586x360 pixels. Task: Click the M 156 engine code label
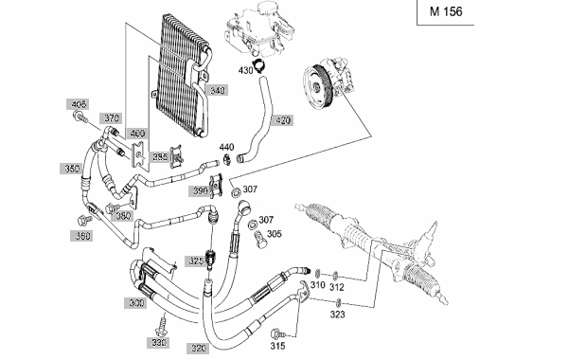pyautogui.click(x=446, y=11)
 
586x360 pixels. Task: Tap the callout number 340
pyautogui.click(x=217, y=90)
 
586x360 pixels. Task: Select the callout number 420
pyautogui.click(x=282, y=120)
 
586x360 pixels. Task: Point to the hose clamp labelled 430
pyautogui.click(x=258, y=66)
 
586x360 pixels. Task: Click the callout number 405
pyautogui.click(x=79, y=104)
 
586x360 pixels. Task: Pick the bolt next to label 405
pyautogui.click(x=80, y=117)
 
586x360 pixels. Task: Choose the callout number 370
pyautogui.click(x=112, y=118)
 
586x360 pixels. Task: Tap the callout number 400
pyautogui.click(x=137, y=134)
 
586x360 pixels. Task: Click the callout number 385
pyautogui.click(x=160, y=157)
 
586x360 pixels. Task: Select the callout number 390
pyautogui.click(x=201, y=191)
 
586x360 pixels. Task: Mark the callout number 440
pyautogui.click(x=226, y=147)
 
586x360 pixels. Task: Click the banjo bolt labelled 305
pyautogui.click(x=260, y=240)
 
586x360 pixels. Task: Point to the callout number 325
pyautogui.click(x=196, y=261)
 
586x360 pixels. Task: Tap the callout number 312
pyautogui.click(x=336, y=287)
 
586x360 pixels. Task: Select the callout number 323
pyautogui.click(x=337, y=315)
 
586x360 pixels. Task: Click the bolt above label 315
pyautogui.click(x=277, y=333)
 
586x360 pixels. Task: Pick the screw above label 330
pyautogui.click(x=162, y=326)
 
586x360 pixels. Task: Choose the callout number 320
pyautogui.click(x=199, y=349)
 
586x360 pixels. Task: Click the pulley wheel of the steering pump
pyautogui.click(x=316, y=88)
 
